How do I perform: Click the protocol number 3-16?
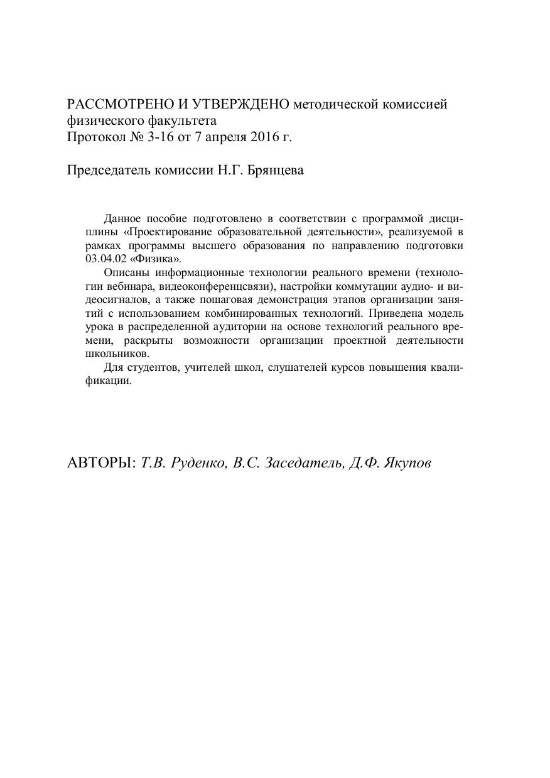(x=162, y=137)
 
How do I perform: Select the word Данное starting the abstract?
(x=122, y=218)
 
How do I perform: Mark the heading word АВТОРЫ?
(x=101, y=463)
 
